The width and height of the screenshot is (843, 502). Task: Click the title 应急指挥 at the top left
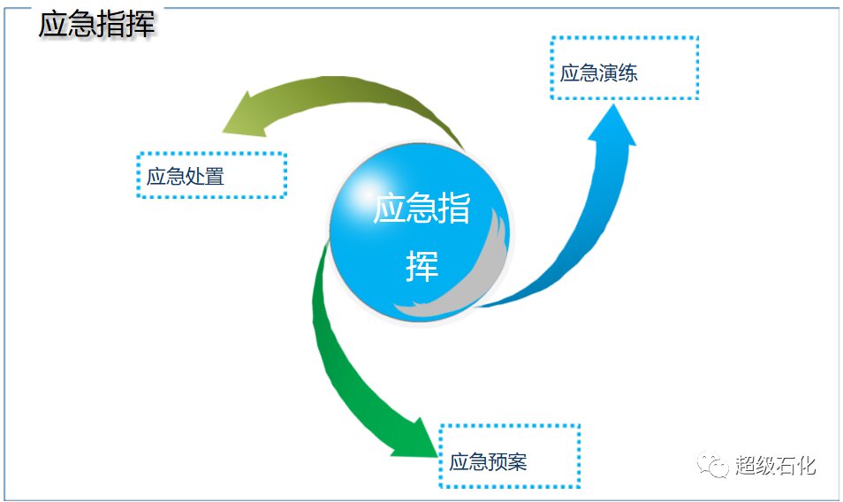[x=97, y=24]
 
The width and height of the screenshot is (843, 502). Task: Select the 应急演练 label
[x=599, y=73]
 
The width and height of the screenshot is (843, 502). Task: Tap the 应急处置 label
[x=186, y=176]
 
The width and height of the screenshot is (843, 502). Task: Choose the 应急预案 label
[x=488, y=461]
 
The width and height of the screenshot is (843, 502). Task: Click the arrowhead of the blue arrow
[x=612, y=125]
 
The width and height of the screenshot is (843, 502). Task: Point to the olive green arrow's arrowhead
[x=242, y=115]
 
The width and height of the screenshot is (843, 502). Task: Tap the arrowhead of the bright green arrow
[x=416, y=437]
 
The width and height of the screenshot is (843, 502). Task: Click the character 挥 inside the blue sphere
[x=422, y=265]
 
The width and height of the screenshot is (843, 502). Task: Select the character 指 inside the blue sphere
[x=454, y=208]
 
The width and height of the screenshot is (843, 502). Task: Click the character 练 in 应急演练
[x=628, y=73]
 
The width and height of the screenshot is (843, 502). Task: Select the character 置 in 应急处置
[x=215, y=176]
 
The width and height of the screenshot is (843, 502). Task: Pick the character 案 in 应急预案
[x=518, y=461]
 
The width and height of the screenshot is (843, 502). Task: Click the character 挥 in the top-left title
[x=140, y=24]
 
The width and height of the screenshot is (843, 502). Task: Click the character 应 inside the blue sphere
[x=389, y=208]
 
